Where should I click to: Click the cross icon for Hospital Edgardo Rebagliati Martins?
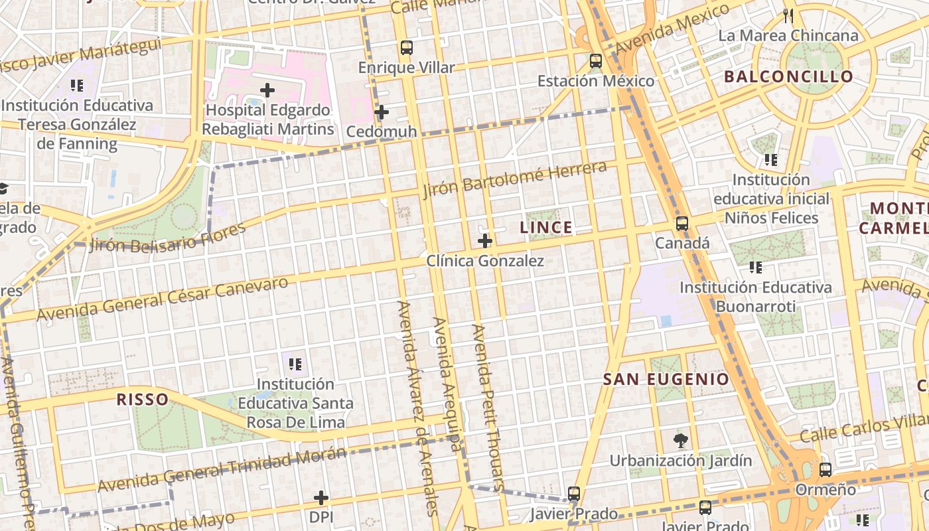click(x=267, y=90)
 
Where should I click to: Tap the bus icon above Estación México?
click(x=595, y=61)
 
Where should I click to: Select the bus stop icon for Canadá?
click(x=682, y=223)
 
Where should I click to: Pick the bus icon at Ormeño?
click(x=825, y=469)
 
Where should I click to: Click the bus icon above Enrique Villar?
click(x=406, y=48)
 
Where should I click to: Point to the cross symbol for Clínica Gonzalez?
click(x=485, y=240)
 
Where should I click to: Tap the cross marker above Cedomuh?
click(x=382, y=112)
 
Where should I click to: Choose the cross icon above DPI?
click(x=321, y=497)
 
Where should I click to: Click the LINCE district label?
click(x=545, y=228)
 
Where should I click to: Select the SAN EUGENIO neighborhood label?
click(x=666, y=380)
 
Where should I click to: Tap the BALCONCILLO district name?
click(x=788, y=76)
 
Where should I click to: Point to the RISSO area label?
click(x=142, y=399)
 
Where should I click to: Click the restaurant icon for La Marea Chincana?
click(x=788, y=16)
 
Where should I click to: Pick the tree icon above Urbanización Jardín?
click(x=680, y=440)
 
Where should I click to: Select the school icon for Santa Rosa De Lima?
click(x=295, y=364)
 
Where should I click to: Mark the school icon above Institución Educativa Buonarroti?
click(x=755, y=267)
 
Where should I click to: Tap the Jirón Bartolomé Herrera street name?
click(x=515, y=179)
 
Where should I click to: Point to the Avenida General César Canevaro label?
click(x=163, y=299)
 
